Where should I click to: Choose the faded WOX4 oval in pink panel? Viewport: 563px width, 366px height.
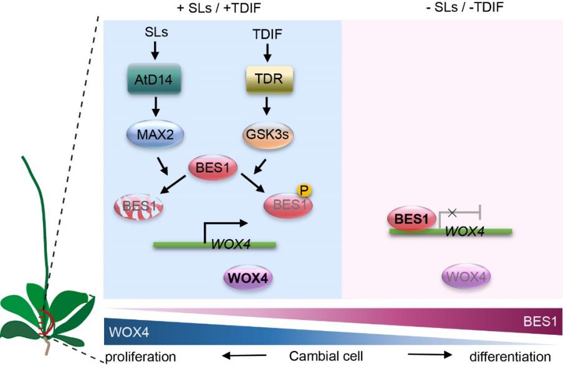(x=465, y=276)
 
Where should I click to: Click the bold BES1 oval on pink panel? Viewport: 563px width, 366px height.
(x=411, y=218)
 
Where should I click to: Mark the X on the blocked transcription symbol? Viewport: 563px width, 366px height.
(x=453, y=213)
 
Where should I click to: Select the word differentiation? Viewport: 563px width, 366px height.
(x=510, y=357)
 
